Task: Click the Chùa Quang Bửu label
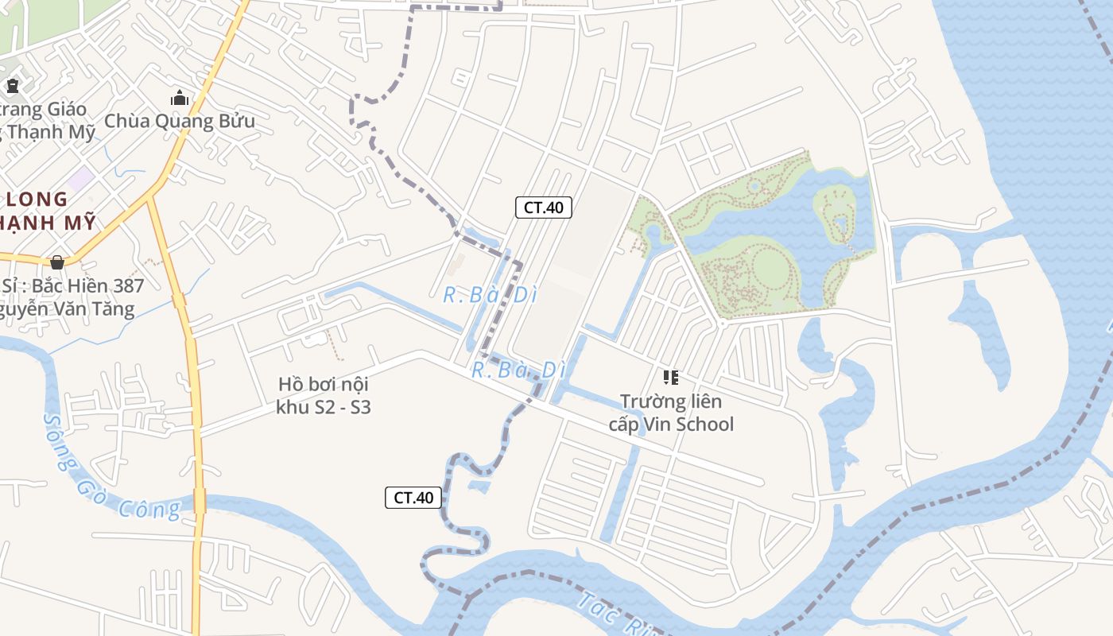(x=180, y=122)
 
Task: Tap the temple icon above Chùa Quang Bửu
(x=180, y=99)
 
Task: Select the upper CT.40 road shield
(x=544, y=207)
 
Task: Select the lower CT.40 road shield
(x=413, y=498)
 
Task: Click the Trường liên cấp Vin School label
(x=671, y=413)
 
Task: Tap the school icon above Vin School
(x=670, y=377)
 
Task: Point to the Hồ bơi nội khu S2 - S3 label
(x=323, y=396)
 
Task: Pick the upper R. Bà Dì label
(x=491, y=295)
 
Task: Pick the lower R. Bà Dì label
(x=518, y=370)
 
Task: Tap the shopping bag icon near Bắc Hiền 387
(x=56, y=262)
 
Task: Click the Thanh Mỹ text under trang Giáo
(x=51, y=132)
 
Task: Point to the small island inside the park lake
(x=835, y=211)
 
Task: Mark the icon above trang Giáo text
(x=12, y=86)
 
